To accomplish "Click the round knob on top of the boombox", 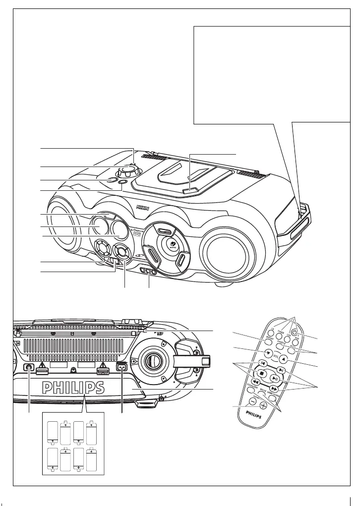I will (127, 169).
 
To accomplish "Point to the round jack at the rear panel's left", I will (28, 367).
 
